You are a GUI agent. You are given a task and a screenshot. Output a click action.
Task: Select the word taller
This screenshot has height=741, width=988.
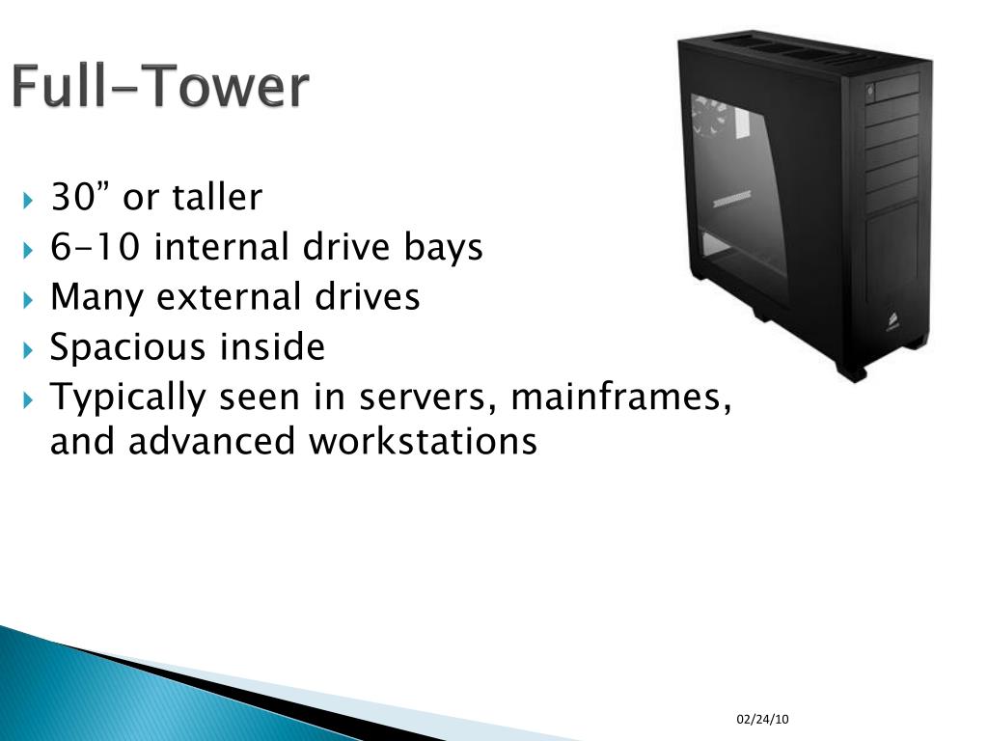(217, 198)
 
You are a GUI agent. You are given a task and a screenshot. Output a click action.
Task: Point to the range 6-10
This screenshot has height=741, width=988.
(97, 248)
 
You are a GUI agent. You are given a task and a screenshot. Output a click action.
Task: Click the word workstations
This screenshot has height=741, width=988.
(422, 442)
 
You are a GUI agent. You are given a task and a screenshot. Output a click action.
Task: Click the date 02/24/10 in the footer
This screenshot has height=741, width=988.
(762, 720)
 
